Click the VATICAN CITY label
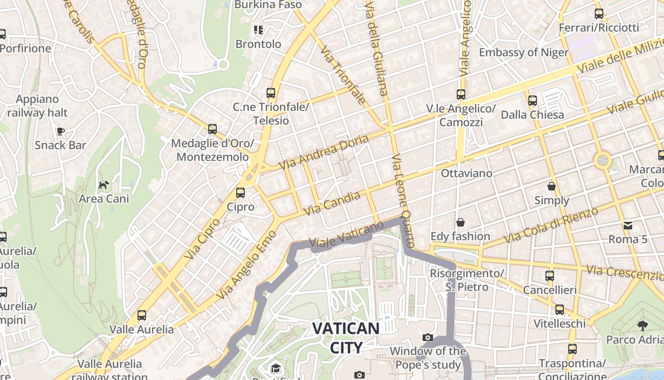[x=346, y=338]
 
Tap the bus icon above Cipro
[x=240, y=192]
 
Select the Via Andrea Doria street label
[x=323, y=152]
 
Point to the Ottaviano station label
[x=467, y=173]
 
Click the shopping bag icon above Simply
[x=552, y=186]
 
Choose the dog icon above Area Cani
[x=103, y=184]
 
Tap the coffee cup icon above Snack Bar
[x=60, y=131]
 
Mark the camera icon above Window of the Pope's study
[x=428, y=337]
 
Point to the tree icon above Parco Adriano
[x=643, y=325]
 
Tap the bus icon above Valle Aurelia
[x=141, y=315]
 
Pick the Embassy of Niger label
[x=524, y=52]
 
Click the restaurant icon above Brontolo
[x=258, y=30]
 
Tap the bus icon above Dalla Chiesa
[x=533, y=100]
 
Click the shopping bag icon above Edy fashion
[x=460, y=222]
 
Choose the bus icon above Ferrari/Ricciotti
[x=599, y=14]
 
